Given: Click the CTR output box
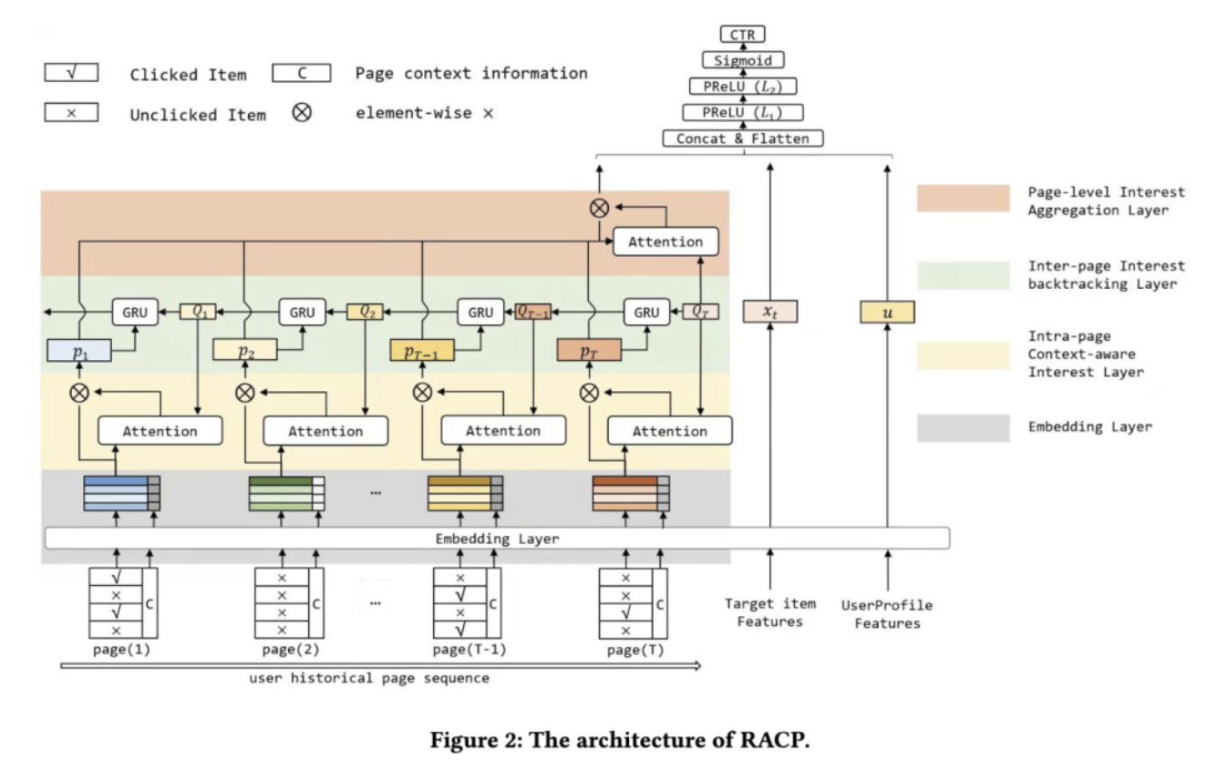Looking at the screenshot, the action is (742, 34).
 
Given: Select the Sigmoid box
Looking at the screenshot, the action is (742, 60).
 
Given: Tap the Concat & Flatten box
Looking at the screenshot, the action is (742, 139).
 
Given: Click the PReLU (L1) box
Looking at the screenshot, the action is (742, 112).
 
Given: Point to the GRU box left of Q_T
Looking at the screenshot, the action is (646, 312).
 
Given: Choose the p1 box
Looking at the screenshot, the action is (79, 351).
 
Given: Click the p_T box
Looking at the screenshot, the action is (589, 350).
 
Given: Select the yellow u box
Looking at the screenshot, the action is (887, 312).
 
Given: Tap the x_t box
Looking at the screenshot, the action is (770, 312).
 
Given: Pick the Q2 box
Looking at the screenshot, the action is (365, 312).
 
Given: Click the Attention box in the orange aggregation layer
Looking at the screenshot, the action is (665, 241).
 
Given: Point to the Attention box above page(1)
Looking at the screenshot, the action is (160, 431).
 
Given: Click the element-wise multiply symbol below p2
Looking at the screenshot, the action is (245, 393).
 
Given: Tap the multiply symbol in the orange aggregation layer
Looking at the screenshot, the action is (599, 208).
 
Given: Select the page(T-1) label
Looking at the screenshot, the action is (469, 650).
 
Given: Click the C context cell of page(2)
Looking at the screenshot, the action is (316, 604).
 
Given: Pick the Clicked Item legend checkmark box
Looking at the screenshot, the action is (71, 73).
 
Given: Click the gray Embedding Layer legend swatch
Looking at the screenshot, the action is (964, 428).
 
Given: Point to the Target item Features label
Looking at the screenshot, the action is (770, 613).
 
